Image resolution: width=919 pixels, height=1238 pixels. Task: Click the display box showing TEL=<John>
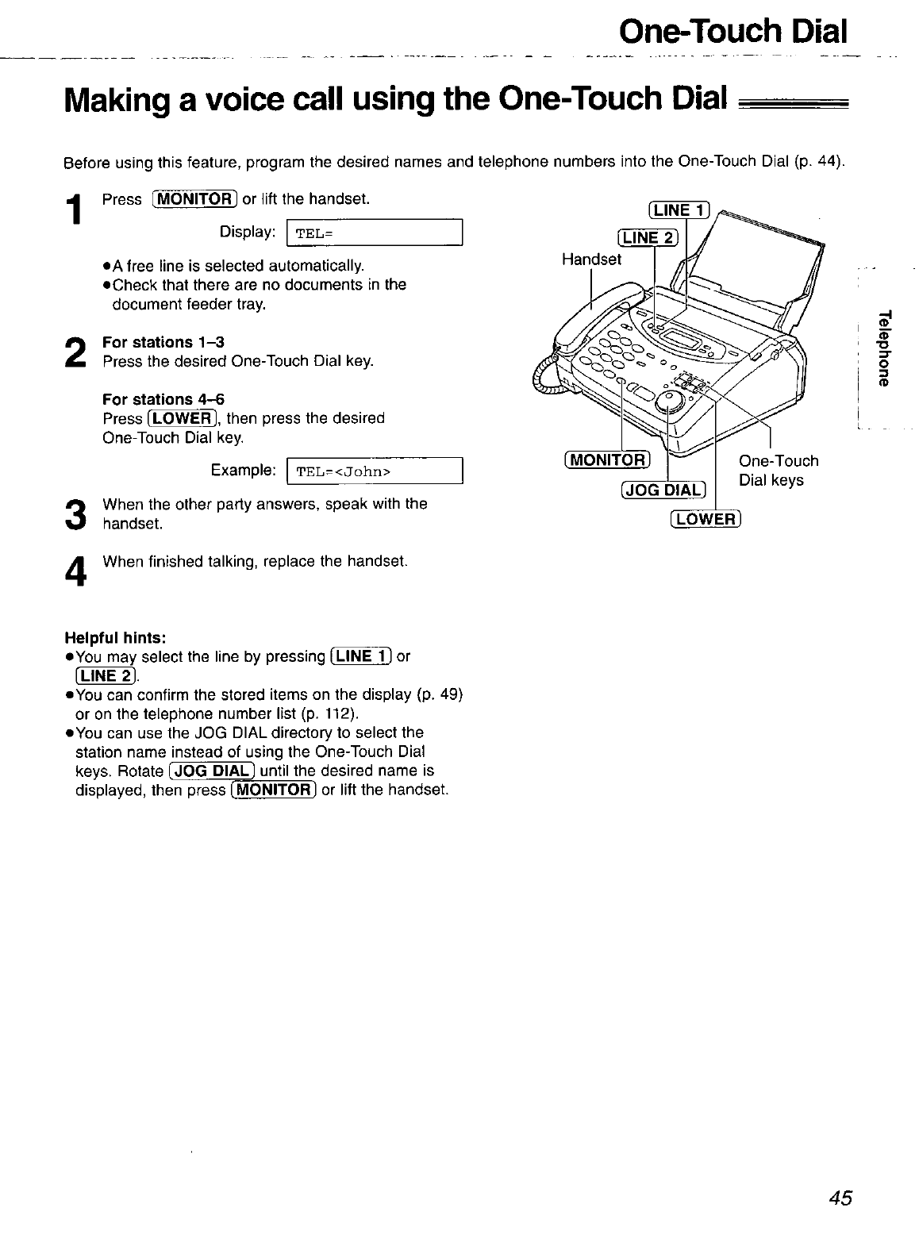pyautogui.click(x=374, y=472)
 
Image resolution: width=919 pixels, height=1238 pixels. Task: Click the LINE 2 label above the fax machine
pyautogui.click(x=648, y=238)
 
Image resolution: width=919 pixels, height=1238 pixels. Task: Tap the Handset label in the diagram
pyautogui.click(x=591, y=260)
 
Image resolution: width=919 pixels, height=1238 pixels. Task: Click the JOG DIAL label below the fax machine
pyautogui.click(x=662, y=490)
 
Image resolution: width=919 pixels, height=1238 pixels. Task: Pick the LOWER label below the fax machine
pyautogui.click(x=706, y=519)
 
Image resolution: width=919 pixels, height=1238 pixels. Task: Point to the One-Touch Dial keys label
pyautogui.click(x=778, y=471)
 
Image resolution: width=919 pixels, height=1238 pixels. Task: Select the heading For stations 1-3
pyautogui.click(x=163, y=342)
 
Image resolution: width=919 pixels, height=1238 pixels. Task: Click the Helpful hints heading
pyautogui.click(x=115, y=638)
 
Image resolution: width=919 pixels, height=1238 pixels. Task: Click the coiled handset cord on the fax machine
pyautogui.click(x=550, y=373)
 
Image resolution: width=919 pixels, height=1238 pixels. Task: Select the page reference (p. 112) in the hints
pyautogui.click(x=331, y=713)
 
